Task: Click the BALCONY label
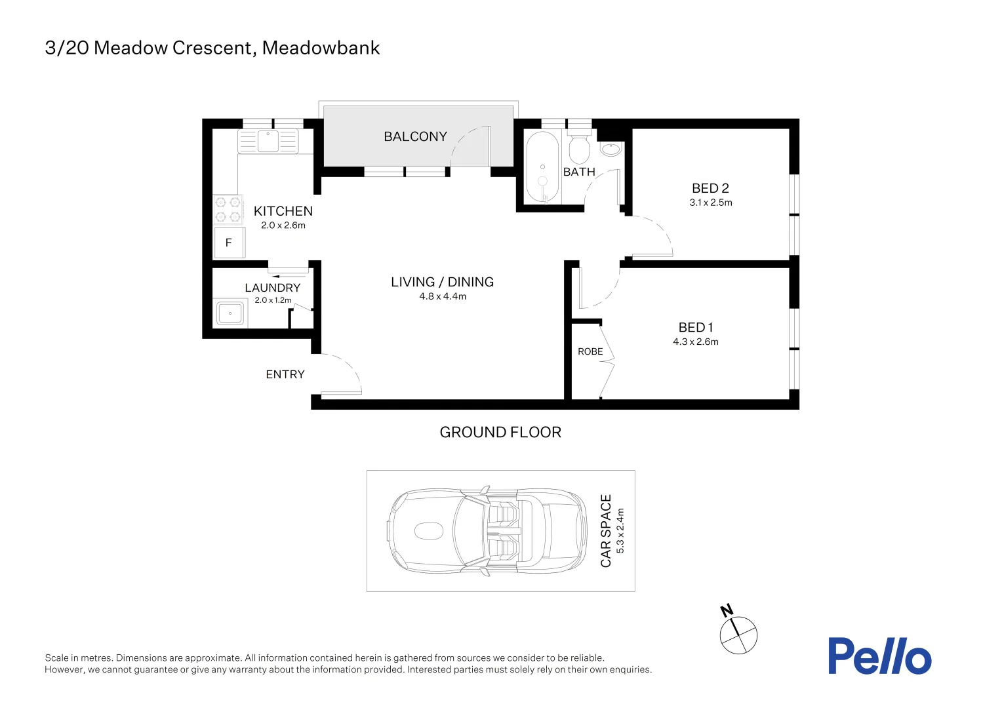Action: point(415,136)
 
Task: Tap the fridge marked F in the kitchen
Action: point(230,243)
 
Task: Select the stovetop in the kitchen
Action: point(228,209)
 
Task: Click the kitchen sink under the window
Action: point(268,142)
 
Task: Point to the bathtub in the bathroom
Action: point(542,168)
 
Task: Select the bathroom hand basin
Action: point(611,149)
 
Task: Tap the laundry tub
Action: point(230,313)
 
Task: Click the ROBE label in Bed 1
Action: point(590,351)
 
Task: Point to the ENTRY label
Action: point(285,374)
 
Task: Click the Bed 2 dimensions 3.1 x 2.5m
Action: point(710,203)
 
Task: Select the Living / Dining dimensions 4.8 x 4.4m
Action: point(443,296)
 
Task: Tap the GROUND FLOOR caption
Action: point(500,432)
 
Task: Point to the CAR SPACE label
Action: point(606,531)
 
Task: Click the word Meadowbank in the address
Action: point(321,48)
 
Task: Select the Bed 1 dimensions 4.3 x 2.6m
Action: point(696,342)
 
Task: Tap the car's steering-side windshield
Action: point(469,531)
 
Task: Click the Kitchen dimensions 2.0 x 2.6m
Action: point(283,226)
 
